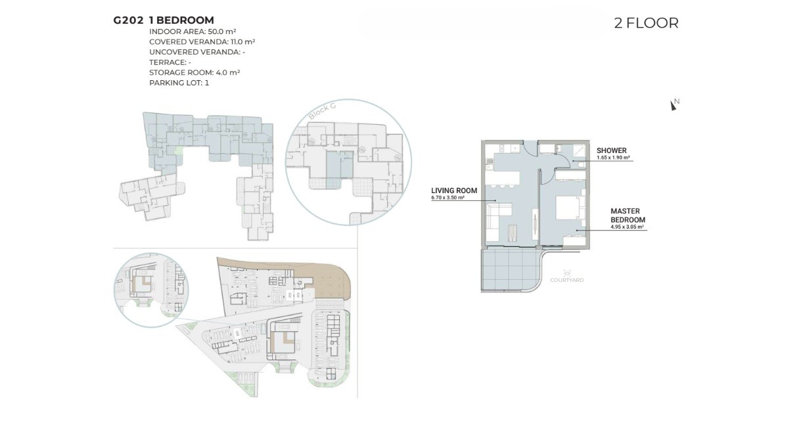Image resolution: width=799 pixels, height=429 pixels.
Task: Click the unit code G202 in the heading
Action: (x=128, y=20)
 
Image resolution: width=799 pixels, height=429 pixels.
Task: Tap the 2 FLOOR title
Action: (x=646, y=23)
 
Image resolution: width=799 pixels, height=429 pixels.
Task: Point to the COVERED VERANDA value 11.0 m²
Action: (x=242, y=42)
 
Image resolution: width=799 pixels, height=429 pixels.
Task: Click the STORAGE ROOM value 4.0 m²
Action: (x=227, y=72)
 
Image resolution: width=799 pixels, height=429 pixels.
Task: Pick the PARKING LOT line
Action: (x=179, y=83)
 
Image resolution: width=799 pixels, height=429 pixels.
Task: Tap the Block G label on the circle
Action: (x=322, y=111)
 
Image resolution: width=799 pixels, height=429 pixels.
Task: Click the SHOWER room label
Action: (x=611, y=150)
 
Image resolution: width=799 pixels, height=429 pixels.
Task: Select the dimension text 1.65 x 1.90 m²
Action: (x=613, y=158)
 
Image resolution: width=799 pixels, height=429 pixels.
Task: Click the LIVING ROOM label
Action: (x=454, y=191)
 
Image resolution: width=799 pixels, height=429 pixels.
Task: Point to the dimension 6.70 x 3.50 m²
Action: (x=447, y=198)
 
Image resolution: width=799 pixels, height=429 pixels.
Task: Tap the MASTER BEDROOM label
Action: (x=628, y=215)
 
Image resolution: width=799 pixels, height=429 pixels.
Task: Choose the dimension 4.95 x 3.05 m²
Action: (x=627, y=227)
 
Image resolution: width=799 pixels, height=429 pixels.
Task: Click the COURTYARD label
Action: (x=567, y=280)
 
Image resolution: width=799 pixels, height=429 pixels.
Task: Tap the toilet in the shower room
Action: (x=581, y=165)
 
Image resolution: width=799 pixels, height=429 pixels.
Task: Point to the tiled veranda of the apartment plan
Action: (x=510, y=270)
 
